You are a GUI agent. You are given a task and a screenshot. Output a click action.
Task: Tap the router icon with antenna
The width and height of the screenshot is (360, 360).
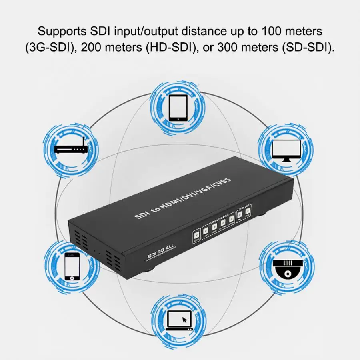(71, 149)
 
